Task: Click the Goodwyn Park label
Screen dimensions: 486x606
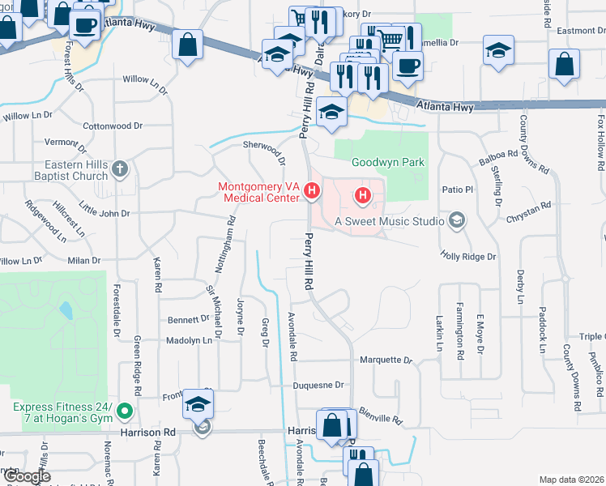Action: pos(388,162)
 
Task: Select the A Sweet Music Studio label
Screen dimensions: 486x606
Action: pos(389,221)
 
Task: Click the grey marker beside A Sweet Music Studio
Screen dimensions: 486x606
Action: pos(457,220)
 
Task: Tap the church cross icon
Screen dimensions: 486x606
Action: pos(120,169)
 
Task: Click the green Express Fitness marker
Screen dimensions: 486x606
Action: pos(124,411)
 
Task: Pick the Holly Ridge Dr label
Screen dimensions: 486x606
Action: pos(467,256)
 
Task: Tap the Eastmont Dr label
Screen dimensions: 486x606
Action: pos(575,31)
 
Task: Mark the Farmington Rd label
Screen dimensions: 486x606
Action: pos(459,332)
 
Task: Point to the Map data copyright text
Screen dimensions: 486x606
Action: pos(571,480)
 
